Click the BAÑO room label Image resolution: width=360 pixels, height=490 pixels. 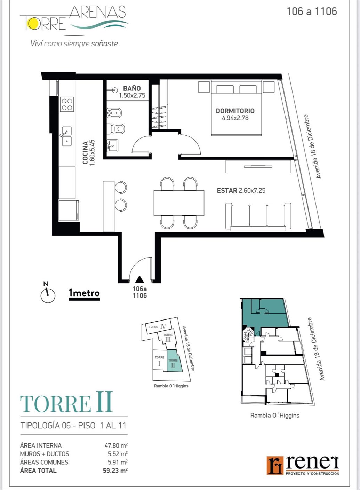[x=132, y=88]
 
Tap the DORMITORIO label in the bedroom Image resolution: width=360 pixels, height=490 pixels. [x=235, y=111]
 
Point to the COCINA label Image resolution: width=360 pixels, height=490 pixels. [x=85, y=153]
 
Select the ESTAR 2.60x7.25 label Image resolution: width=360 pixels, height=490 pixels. [x=241, y=190]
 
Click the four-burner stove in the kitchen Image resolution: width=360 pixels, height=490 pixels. [x=67, y=104]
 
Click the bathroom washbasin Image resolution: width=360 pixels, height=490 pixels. [x=113, y=145]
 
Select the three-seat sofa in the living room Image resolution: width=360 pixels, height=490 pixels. [x=258, y=216]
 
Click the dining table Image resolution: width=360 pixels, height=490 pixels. [x=179, y=203]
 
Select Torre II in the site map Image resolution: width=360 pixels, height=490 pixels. [x=174, y=361]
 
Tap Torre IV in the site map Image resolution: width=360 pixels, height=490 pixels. [x=157, y=327]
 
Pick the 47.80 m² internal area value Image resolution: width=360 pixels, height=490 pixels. [x=116, y=445]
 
